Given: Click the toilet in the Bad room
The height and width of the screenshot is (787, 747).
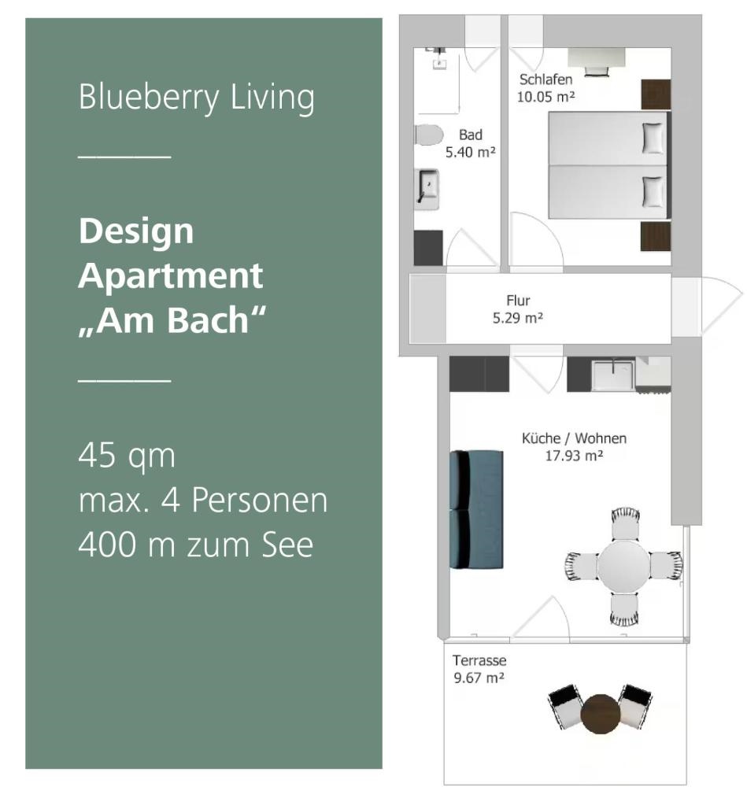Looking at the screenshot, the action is [429, 135].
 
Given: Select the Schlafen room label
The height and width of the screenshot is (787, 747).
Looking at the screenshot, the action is [545, 79].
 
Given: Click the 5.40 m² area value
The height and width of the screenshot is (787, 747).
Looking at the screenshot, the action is [471, 152].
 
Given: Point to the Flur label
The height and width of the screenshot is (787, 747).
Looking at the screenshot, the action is [518, 301].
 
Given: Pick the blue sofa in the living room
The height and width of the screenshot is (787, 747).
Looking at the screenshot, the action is [476, 509].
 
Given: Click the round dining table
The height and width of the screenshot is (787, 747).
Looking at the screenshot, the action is [623, 566].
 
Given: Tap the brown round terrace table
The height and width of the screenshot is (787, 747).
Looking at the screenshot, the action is [601, 714].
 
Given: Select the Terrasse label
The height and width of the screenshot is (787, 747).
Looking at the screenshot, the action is [479, 660].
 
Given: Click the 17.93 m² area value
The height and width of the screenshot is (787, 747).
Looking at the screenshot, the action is [574, 456].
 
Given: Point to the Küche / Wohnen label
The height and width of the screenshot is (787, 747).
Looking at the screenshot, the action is [574, 438].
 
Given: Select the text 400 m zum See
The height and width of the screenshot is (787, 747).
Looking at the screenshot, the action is [196, 545].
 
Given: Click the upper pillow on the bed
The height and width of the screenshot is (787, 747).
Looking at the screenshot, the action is [653, 138].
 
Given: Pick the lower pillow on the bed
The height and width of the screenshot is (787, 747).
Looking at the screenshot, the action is [653, 191].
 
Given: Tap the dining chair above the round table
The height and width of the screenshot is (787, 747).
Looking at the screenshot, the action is [625, 523].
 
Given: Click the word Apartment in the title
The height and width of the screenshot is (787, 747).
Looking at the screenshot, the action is [171, 276].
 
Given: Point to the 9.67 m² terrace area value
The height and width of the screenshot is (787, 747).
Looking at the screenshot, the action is [479, 678].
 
